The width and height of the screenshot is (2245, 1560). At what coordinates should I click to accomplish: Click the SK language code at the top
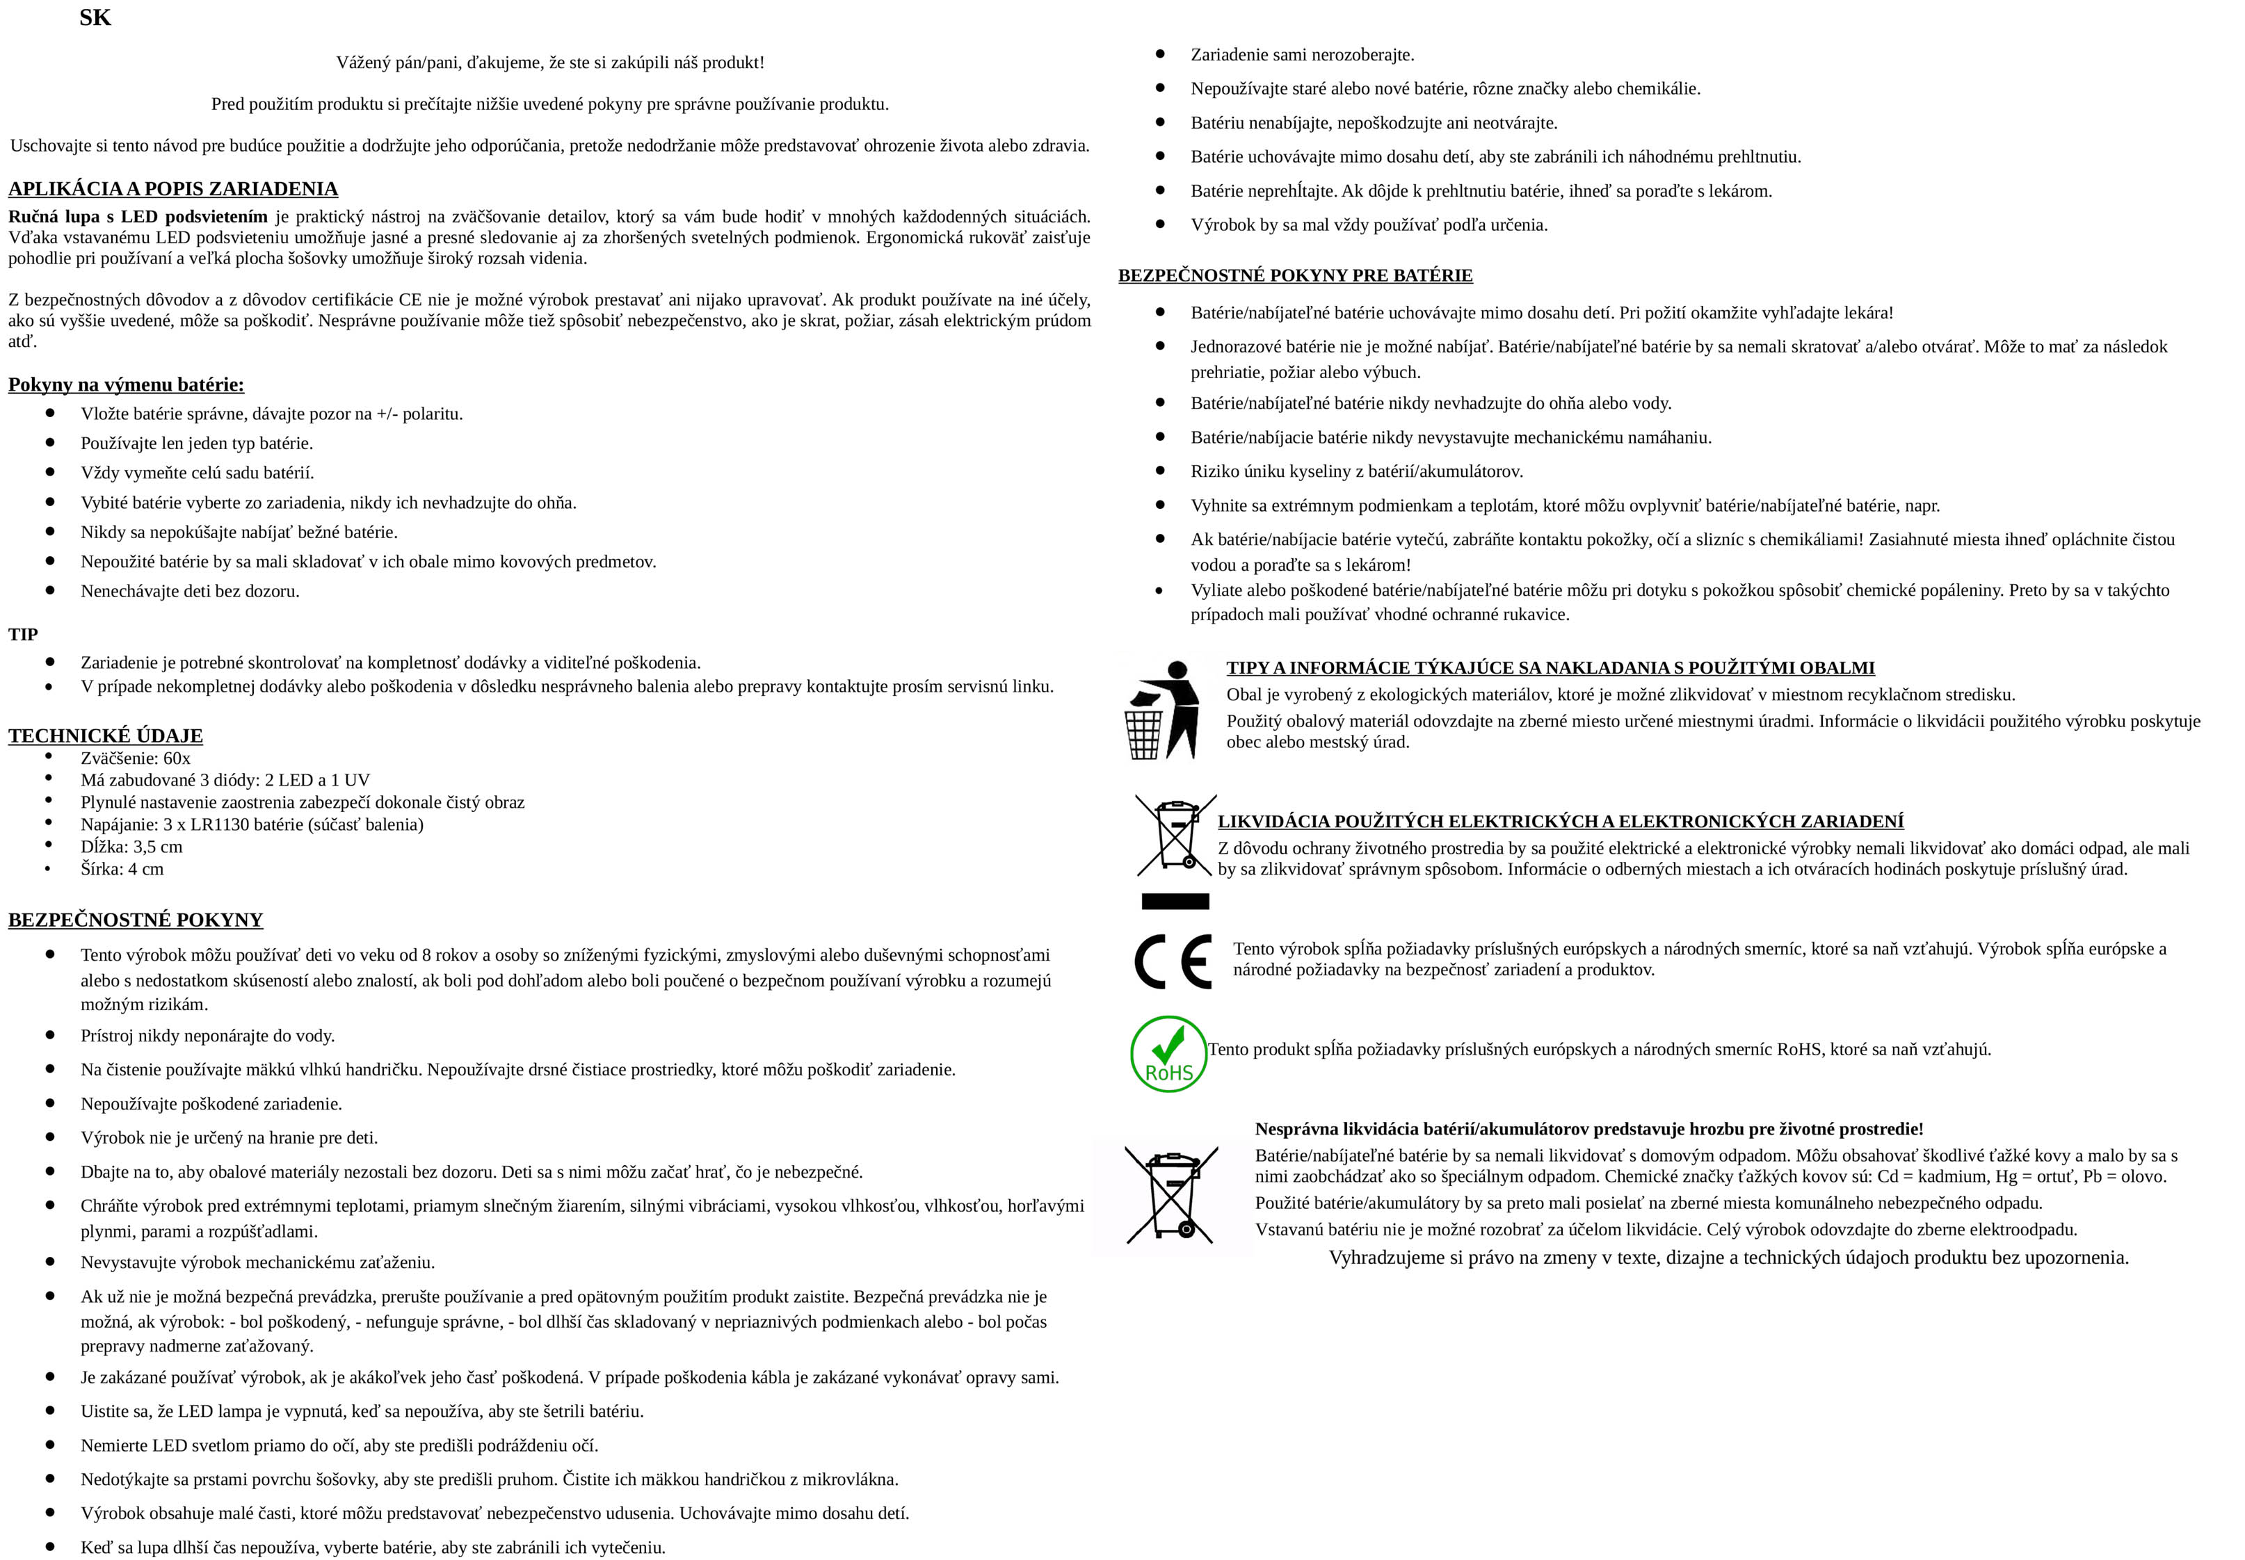click(95, 17)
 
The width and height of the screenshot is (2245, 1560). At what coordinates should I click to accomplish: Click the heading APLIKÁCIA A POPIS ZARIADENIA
click(173, 188)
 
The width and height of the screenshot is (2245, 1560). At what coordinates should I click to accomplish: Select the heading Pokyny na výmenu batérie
click(126, 384)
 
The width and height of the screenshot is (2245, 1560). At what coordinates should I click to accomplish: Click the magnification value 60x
click(177, 758)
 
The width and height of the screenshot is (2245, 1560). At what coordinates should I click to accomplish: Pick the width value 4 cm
click(147, 870)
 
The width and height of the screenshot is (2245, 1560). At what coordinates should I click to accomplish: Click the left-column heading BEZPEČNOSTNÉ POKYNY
click(136, 920)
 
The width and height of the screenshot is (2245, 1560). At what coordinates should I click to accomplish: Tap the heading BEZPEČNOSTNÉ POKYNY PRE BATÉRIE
click(1296, 275)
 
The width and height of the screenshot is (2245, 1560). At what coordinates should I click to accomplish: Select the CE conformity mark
click(1173, 962)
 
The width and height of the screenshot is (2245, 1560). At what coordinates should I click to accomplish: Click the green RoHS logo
click(1168, 1054)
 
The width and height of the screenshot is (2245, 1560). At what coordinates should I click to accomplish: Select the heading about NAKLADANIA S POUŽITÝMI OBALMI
click(1550, 667)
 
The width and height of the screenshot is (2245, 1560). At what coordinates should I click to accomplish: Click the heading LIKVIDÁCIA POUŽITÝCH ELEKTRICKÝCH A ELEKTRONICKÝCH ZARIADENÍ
click(1561, 822)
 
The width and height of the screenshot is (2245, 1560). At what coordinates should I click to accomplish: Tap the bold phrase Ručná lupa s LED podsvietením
click(138, 217)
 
